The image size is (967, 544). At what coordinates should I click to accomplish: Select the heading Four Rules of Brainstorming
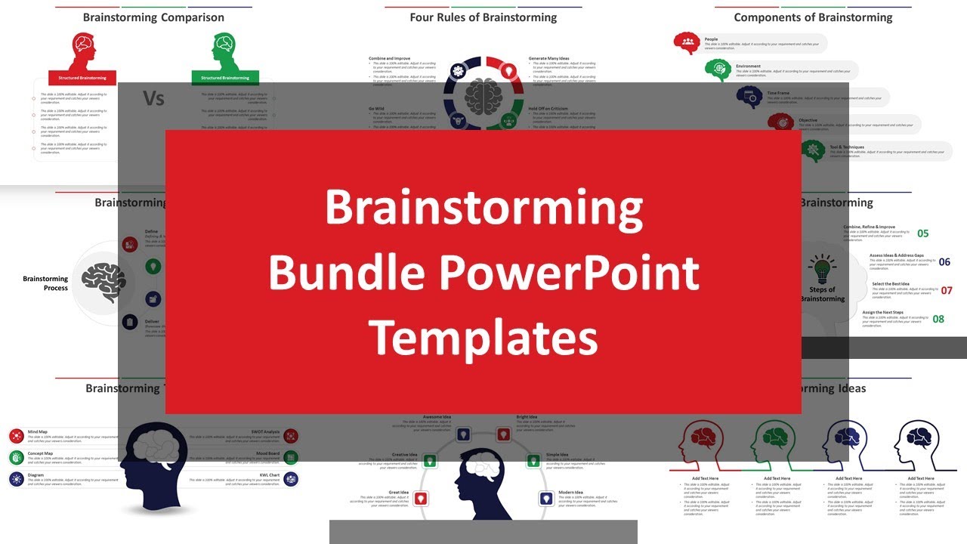click(x=483, y=17)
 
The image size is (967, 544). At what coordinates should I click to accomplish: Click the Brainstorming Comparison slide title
click(x=153, y=17)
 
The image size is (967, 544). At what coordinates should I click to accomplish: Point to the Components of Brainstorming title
click(x=813, y=17)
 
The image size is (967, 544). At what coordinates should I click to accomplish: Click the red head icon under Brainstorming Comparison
click(x=83, y=51)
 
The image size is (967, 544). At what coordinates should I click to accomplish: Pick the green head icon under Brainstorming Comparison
click(x=224, y=51)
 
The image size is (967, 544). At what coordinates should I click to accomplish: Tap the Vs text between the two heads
click(x=153, y=99)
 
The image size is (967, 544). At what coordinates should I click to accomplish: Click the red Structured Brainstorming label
click(x=83, y=78)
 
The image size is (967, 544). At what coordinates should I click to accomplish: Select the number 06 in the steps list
click(x=944, y=262)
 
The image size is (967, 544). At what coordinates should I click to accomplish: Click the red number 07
click(x=946, y=290)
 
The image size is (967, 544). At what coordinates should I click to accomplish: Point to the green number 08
click(x=938, y=319)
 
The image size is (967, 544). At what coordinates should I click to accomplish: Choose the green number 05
click(x=922, y=233)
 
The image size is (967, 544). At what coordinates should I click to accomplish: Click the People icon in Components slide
click(x=687, y=43)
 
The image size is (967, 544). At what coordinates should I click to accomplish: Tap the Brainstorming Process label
click(x=45, y=283)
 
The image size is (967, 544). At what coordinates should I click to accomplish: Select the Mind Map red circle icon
click(x=17, y=436)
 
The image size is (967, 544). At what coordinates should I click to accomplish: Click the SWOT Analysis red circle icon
click(x=291, y=436)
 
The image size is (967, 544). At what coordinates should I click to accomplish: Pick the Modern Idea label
click(x=570, y=493)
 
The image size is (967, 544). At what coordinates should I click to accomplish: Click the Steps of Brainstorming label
click(x=822, y=294)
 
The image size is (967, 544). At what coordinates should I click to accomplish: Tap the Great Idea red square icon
click(x=421, y=498)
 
